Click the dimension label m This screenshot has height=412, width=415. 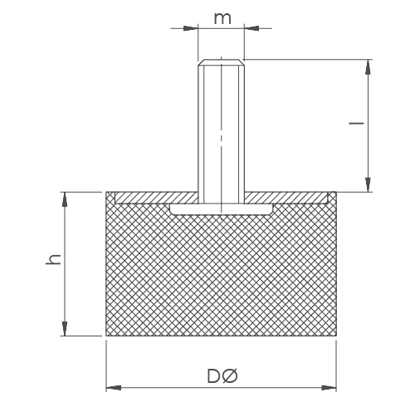pos(222,18)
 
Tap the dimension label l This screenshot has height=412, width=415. pos(356,123)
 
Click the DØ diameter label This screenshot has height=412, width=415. pos(222,376)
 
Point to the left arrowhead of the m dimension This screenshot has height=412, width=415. pos(191,28)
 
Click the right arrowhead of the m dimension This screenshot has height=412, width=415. pos(251,28)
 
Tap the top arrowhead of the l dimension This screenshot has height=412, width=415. pos(368,66)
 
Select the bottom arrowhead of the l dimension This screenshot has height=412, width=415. pos(368,184)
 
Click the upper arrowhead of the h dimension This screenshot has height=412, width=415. pos(65,199)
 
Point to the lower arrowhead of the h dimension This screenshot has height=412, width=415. pos(65,329)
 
